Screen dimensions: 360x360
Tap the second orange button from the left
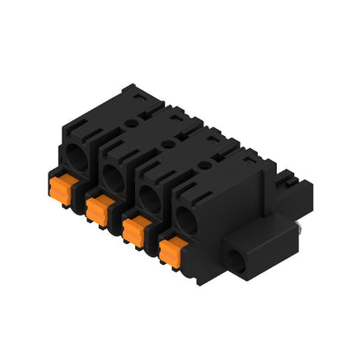coord(100,208)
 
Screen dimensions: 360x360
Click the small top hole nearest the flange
coord(202,161)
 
